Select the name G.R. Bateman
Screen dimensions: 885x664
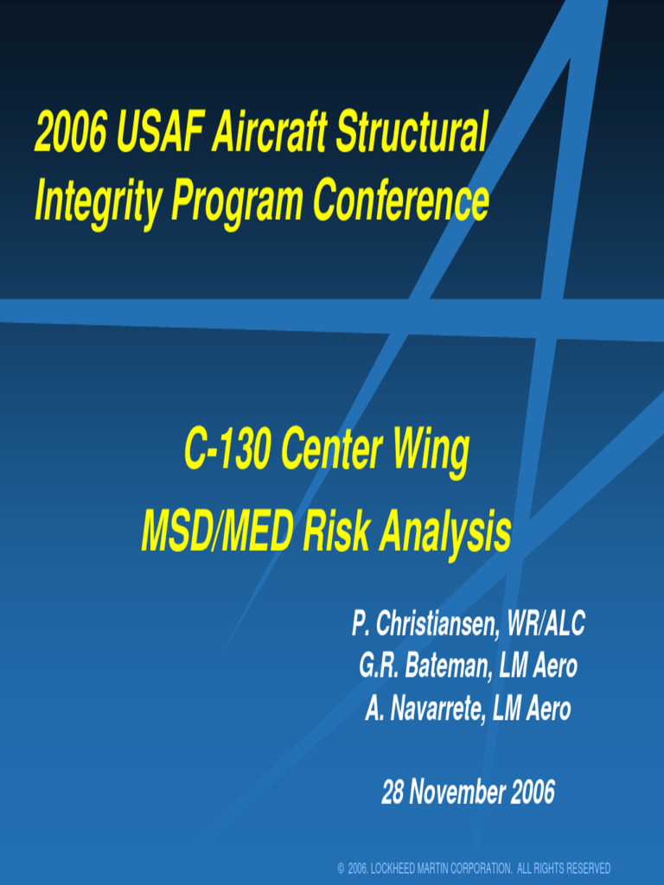point(422,666)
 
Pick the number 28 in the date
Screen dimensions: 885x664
point(394,792)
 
